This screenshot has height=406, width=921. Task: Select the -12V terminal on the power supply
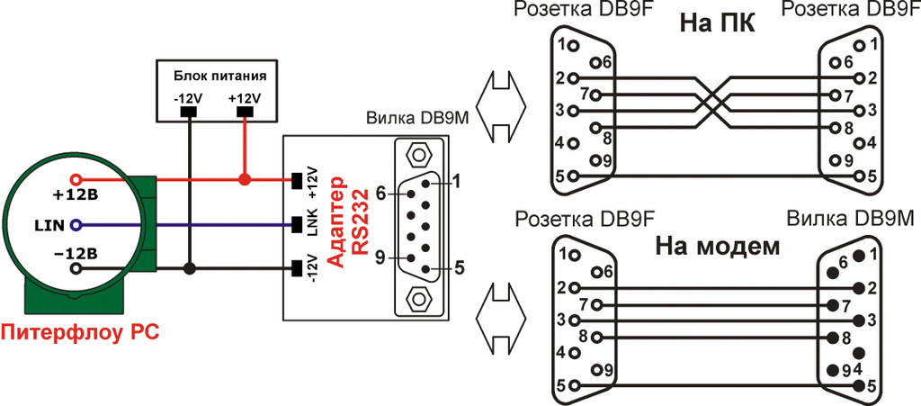click(x=188, y=113)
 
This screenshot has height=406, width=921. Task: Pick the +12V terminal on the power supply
click(x=244, y=113)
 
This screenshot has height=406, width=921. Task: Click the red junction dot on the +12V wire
click(x=244, y=180)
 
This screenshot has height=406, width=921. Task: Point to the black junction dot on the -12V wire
click(x=188, y=268)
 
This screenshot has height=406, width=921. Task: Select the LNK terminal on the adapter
click(x=298, y=224)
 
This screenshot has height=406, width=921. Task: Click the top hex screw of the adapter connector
click(x=416, y=153)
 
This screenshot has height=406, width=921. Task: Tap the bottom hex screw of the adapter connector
click(x=416, y=297)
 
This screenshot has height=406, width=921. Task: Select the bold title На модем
click(x=717, y=247)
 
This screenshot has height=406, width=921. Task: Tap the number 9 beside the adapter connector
click(x=380, y=257)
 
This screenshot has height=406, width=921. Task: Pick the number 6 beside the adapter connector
click(x=380, y=193)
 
